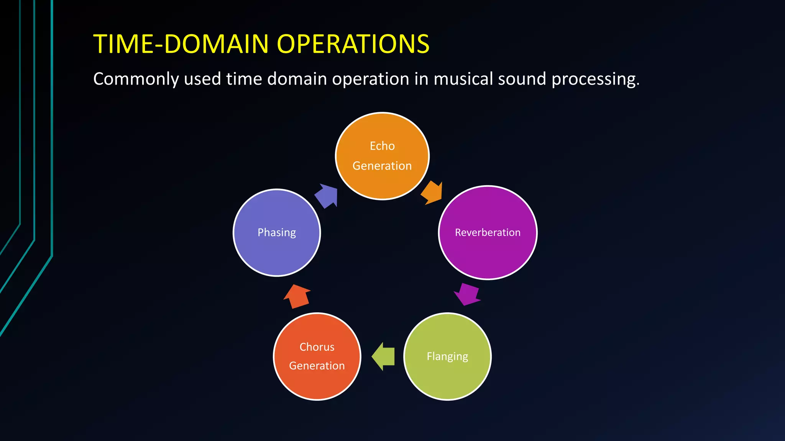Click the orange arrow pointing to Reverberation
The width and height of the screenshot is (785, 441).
(x=432, y=193)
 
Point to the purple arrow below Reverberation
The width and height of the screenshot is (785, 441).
(x=467, y=294)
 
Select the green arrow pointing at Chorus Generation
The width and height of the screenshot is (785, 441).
(x=384, y=356)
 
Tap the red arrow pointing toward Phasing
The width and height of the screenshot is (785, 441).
(x=297, y=296)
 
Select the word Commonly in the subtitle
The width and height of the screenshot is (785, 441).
(x=136, y=79)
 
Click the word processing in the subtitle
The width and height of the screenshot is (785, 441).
(x=595, y=79)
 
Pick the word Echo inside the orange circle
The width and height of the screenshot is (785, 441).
(x=382, y=146)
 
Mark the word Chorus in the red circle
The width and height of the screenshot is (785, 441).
(x=317, y=347)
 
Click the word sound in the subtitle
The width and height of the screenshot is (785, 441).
(x=522, y=78)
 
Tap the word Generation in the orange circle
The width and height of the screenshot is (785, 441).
(x=382, y=166)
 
